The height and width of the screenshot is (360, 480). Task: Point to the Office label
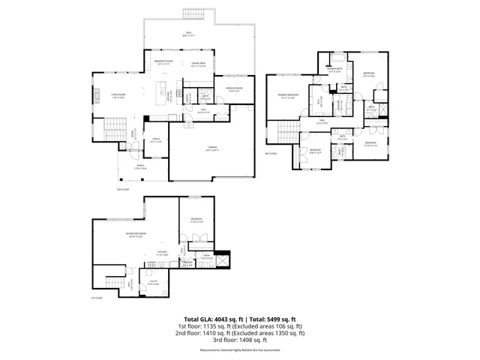[x=156, y=139]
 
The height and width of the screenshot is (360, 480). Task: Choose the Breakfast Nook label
[x=163, y=61]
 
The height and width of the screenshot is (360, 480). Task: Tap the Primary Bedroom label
[x=289, y=96]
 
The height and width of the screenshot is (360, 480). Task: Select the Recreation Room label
[x=136, y=236]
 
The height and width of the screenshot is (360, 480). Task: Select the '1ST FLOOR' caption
[x=96, y=298]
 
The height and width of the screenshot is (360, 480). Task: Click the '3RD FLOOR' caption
[x=271, y=154]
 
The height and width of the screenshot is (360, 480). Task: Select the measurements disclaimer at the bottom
[x=240, y=350]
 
